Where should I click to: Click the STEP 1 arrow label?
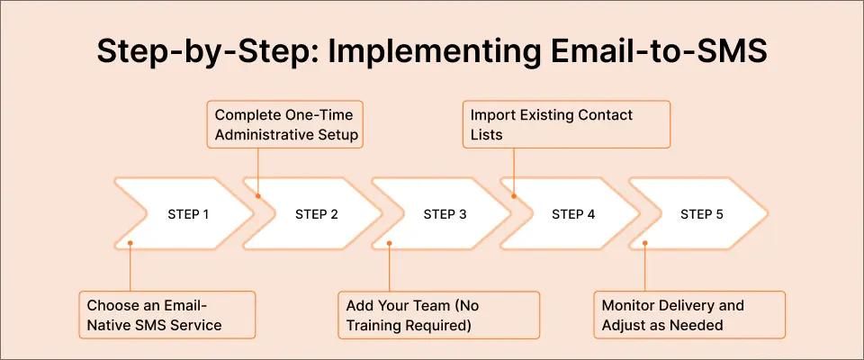(x=188, y=215)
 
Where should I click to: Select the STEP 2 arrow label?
(x=317, y=215)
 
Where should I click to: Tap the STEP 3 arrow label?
(x=445, y=215)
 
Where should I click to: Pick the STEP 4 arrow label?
(x=573, y=215)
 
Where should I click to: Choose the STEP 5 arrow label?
(x=702, y=215)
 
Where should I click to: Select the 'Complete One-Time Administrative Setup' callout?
(x=284, y=125)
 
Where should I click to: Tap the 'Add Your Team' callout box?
(x=438, y=314)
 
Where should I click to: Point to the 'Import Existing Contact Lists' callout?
(x=567, y=125)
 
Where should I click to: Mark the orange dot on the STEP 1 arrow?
(x=130, y=241)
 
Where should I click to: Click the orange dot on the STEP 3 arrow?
(x=389, y=241)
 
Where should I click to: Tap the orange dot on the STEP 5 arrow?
(x=645, y=241)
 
